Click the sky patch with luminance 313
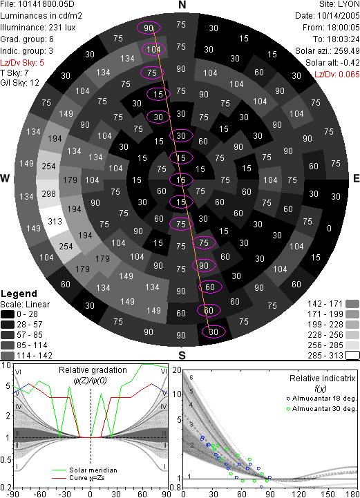click(x=55, y=221)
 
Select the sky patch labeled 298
click(x=48, y=193)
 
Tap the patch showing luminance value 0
click(x=329, y=229)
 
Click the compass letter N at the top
click(x=182, y=5)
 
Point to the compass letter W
click(x=5, y=178)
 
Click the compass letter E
click(x=356, y=178)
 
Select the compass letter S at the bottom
click(x=182, y=355)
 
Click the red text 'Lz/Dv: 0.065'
click(x=337, y=75)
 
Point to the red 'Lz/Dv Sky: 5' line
click(x=22, y=63)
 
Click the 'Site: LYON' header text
click(x=339, y=4)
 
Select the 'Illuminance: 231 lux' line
click(x=38, y=28)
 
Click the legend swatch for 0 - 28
click(x=8, y=314)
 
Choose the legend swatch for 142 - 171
click(x=352, y=304)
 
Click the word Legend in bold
click(x=19, y=294)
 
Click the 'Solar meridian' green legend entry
click(x=84, y=470)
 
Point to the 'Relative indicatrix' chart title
click(x=322, y=379)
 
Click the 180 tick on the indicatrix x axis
click(x=352, y=494)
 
